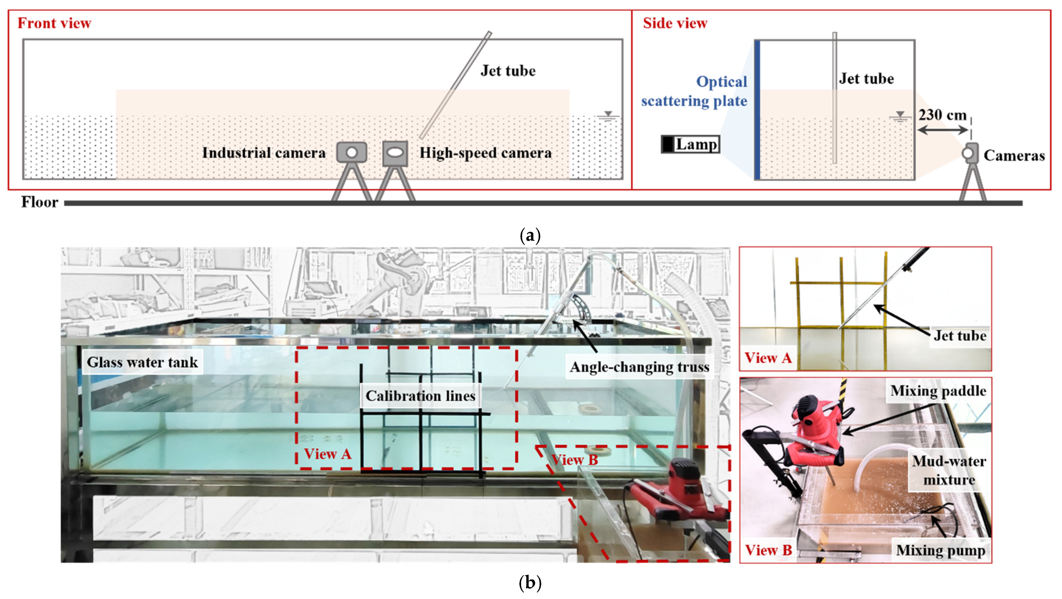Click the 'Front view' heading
(54, 23)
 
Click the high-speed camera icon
(395, 153)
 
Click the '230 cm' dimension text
(942, 115)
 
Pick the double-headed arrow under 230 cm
(943, 130)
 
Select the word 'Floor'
(40, 202)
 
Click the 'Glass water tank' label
(142, 362)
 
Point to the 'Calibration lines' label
(420, 396)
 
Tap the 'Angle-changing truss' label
(639, 366)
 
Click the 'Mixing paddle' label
(938, 391)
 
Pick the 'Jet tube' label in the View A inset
(960, 336)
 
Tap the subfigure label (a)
(530, 236)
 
